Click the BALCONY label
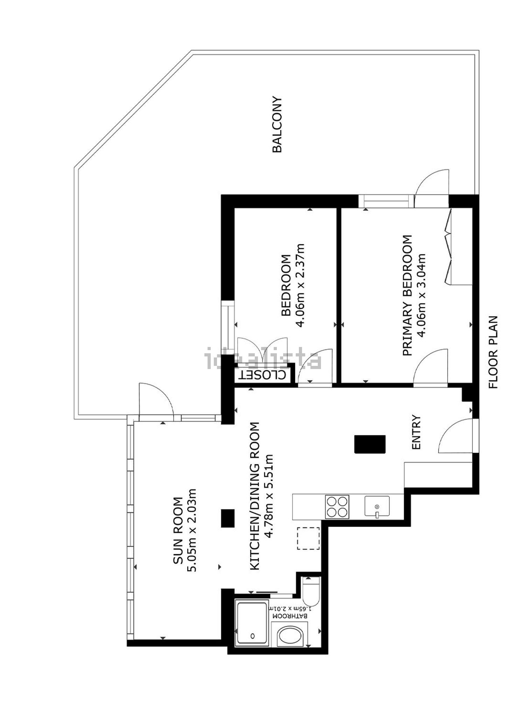click(277, 124)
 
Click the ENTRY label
click(416, 432)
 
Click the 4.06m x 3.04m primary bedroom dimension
click(422, 295)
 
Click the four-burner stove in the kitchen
click(337, 507)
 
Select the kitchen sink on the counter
click(377, 506)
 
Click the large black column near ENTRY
click(370, 444)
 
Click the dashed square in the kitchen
click(308, 538)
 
